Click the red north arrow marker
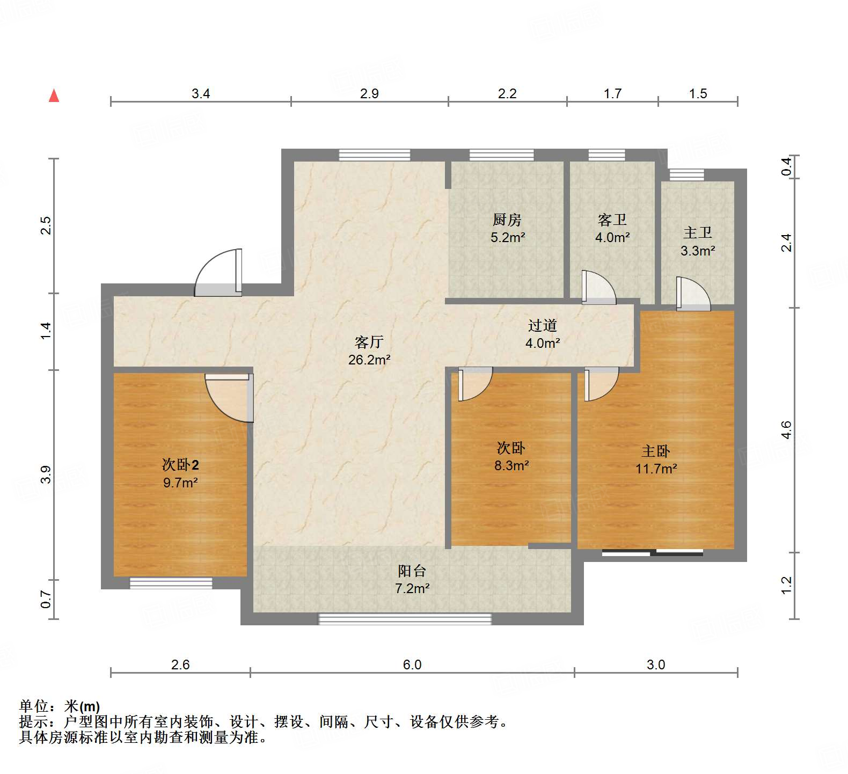[54, 96]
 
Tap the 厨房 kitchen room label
[507, 220]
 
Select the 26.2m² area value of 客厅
[369, 360]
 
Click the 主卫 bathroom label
[697, 232]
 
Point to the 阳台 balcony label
[412, 571]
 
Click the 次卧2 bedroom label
[180, 465]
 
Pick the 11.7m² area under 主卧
[656, 469]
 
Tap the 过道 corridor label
[542, 325]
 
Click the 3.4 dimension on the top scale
[201, 94]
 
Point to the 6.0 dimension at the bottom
[412, 665]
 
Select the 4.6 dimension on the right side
[786, 430]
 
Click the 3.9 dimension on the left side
[46, 474]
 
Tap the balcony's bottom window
[405, 619]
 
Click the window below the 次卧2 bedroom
[171, 583]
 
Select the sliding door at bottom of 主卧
[652, 552]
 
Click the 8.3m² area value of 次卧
[511, 465]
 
